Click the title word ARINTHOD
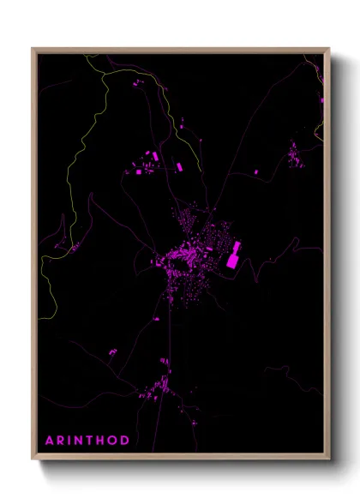(x=87, y=440)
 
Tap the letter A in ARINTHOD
(x=50, y=440)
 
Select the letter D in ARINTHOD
(x=125, y=440)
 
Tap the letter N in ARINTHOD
(x=79, y=440)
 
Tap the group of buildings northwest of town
(x=144, y=163)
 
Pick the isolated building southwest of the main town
(x=111, y=351)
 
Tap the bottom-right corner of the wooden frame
(x=329, y=459)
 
